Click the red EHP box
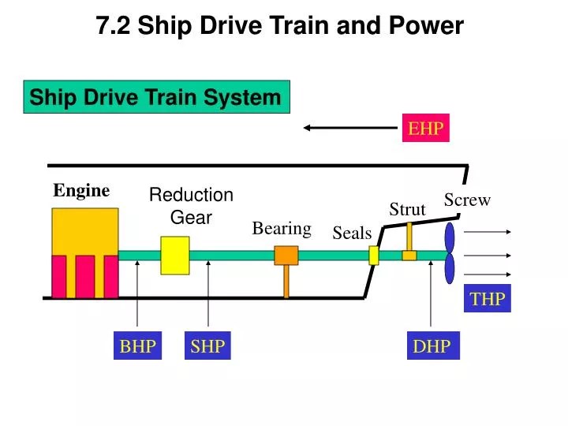click(x=427, y=129)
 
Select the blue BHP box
click(x=137, y=346)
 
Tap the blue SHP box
click(x=208, y=346)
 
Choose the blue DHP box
click(x=432, y=346)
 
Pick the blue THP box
click(x=488, y=298)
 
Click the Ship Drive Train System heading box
click(x=156, y=97)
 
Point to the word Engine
click(x=81, y=190)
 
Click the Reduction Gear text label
click(x=191, y=206)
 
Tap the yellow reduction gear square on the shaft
click(x=175, y=255)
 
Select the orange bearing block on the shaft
click(x=286, y=255)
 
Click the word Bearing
click(x=282, y=228)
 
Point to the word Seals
click(x=352, y=233)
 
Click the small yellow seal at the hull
click(x=374, y=255)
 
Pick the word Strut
click(x=407, y=209)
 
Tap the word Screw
click(x=467, y=200)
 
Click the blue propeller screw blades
click(x=450, y=253)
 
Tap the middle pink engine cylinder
click(x=85, y=276)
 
